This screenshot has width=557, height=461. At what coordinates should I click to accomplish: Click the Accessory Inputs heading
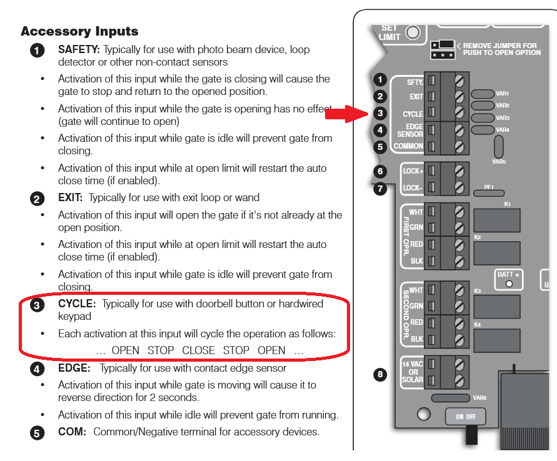pos(79,31)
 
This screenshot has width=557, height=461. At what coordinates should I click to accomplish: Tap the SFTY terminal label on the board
pos(414,82)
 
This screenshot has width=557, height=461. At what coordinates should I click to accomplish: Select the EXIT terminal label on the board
pos(416,97)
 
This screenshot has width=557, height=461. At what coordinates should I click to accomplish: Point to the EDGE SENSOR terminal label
pos(410,130)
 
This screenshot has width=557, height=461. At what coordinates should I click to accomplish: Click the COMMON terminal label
pos(408,146)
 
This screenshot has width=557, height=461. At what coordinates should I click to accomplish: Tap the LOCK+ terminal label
pos(413,171)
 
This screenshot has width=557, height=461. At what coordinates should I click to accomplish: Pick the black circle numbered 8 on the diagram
pos(379,375)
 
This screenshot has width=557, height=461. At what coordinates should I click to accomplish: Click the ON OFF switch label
pos(464,417)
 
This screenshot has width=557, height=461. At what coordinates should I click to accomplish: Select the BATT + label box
pos(508,278)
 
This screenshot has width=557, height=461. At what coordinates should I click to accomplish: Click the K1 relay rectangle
pos(497,220)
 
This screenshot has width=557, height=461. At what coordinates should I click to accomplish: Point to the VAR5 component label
pos(498,161)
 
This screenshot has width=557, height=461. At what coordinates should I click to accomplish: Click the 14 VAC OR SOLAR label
pos(413,372)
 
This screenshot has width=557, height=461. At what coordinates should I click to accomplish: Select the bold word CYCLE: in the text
pos(77,304)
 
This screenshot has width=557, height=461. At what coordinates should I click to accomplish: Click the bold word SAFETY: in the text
pos(79,49)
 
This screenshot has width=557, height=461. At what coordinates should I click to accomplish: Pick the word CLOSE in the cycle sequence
pos(198,350)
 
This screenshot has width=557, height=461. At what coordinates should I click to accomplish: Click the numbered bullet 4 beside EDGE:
pos(38,369)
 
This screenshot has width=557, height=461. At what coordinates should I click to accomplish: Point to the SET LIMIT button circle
pos(413,32)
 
